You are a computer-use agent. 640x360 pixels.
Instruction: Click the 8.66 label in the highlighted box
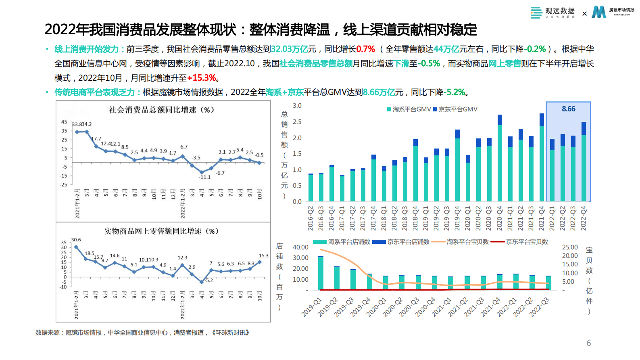click(568, 109)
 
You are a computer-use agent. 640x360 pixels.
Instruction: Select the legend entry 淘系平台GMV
click(409, 109)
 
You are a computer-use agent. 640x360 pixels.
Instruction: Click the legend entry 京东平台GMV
click(455, 109)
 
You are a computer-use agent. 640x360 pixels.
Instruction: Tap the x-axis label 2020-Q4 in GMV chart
click(500, 218)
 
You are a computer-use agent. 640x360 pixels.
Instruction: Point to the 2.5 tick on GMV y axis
click(297, 122)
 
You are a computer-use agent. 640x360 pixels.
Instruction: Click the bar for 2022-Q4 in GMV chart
click(584, 161)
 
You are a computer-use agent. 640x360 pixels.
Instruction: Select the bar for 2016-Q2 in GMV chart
click(311, 188)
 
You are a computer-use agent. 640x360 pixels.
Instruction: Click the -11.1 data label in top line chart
click(204, 177)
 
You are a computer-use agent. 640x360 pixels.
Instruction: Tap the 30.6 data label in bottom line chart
click(76, 240)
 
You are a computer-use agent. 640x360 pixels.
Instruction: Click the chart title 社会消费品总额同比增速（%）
click(161, 110)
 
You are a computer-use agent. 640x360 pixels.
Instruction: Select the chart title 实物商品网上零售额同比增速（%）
click(161, 231)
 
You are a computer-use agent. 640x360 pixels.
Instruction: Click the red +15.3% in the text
click(202, 78)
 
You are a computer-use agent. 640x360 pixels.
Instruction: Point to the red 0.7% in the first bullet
click(365, 49)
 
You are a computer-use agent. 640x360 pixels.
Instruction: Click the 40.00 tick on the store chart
click(300, 247)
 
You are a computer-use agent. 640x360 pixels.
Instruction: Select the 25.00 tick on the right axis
click(570, 247)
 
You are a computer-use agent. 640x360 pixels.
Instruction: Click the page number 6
click(588, 343)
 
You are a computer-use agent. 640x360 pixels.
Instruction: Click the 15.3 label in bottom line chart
click(263, 255)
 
